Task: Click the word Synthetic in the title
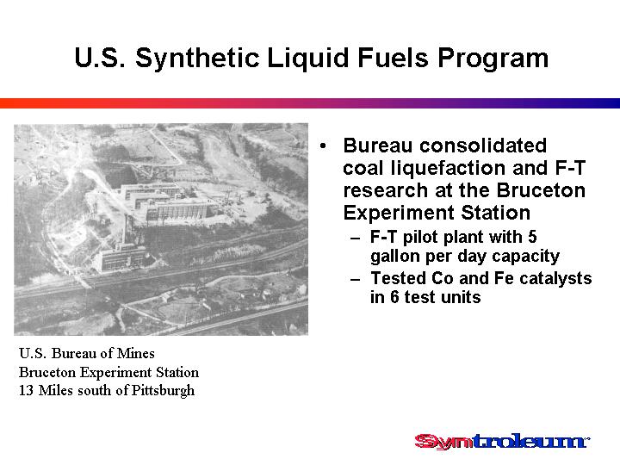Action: [197, 59]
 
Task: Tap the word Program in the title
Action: [493, 59]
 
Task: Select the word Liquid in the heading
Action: [308, 59]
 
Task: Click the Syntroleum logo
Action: [502, 441]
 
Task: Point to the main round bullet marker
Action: [323, 146]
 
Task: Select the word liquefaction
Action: [449, 169]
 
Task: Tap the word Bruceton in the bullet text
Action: [541, 190]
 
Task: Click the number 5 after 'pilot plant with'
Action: [532, 238]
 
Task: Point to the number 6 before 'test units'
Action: [394, 297]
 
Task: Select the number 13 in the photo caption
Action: [26, 391]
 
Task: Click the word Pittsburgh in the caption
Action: [163, 391]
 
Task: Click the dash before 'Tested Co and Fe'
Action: [356, 280]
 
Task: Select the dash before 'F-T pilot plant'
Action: [356, 239]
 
